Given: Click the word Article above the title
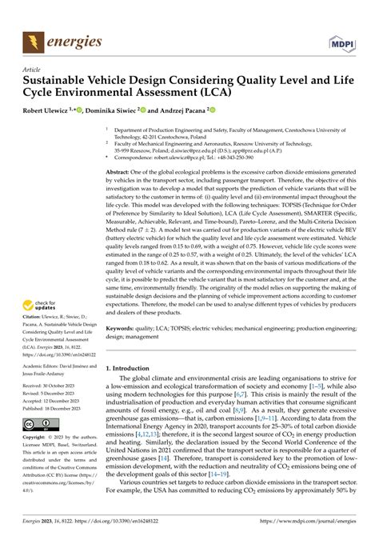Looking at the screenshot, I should coord(34,70).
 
